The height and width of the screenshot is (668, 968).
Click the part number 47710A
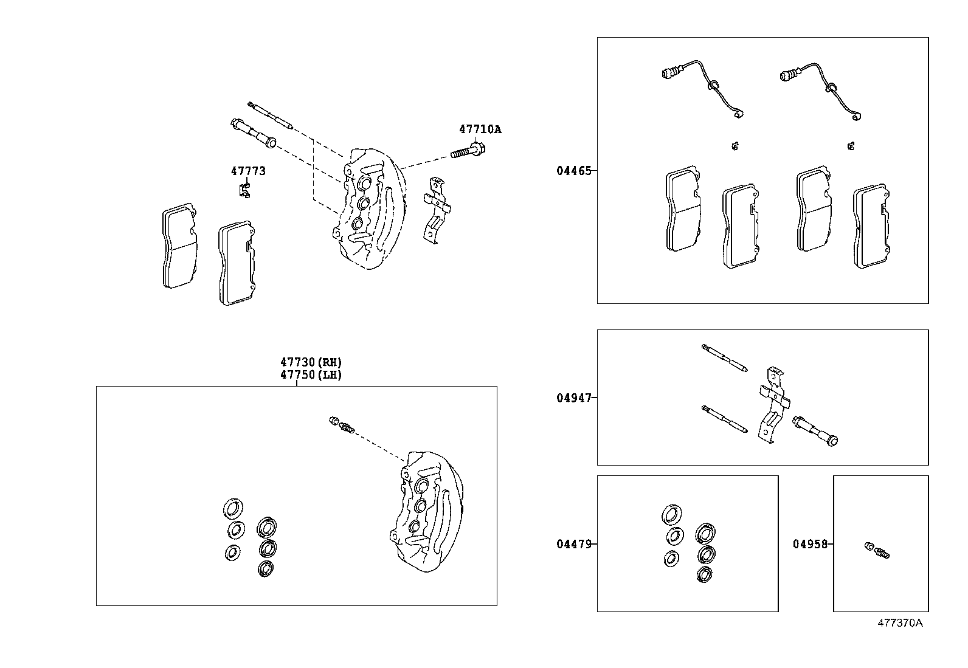click(480, 129)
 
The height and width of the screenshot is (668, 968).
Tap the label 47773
click(248, 171)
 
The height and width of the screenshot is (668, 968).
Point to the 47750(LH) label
click(311, 375)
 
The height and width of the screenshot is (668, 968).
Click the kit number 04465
click(573, 171)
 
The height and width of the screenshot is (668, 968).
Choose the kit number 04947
click(573, 398)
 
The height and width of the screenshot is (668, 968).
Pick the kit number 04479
click(573, 544)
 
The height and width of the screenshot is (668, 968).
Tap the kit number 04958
click(810, 544)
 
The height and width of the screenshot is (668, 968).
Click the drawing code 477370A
click(899, 623)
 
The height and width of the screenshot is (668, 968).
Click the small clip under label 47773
click(244, 190)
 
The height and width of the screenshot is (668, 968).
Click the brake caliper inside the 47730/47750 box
click(426, 511)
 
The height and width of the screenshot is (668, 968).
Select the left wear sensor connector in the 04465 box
click(669, 74)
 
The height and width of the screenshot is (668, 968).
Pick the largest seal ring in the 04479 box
click(671, 514)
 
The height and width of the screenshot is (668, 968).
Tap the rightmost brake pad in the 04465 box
click(872, 226)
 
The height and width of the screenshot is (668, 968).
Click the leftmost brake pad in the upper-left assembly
click(179, 249)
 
